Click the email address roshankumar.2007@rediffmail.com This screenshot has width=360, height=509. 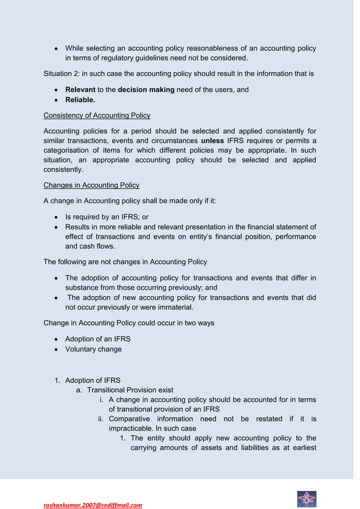[x=93, y=505]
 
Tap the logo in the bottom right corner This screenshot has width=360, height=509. [x=306, y=498]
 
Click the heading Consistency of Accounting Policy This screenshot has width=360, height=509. [x=96, y=116]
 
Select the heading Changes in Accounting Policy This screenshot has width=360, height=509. [x=91, y=185]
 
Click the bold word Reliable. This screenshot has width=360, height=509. [x=80, y=100]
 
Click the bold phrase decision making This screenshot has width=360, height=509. [x=146, y=90]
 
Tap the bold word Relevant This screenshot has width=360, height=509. [x=80, y=90]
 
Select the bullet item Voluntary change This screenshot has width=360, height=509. [x=93, y=349]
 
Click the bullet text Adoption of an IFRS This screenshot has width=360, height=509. [x=98, y=339]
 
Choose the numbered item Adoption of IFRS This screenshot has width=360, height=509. [x=93, y=380]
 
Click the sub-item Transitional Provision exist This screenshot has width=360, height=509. [x=130, y=390]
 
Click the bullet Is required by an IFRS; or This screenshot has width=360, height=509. [x=107, y=217]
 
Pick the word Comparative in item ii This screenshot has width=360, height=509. [x=129, y=419]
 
